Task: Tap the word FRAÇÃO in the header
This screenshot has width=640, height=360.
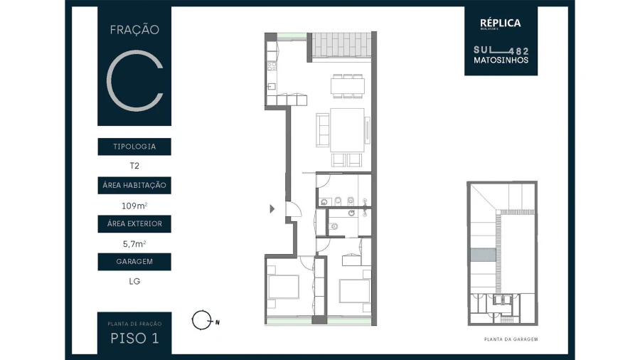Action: click(x=134, y=30)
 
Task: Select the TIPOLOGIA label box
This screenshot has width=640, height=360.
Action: click(x=134, y=147)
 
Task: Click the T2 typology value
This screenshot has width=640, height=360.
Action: click(x=134, y=166)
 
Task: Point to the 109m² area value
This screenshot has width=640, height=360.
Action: click(x=134, y=206)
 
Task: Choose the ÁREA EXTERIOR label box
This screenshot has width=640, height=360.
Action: click(x=134, y=224)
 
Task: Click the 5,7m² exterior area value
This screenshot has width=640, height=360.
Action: click(x=134, y=243)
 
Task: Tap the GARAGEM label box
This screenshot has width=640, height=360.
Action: click(x=134, y=262)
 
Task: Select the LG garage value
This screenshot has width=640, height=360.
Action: click(x=134, y=281)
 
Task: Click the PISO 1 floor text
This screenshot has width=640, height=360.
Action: click(x=134, y=338)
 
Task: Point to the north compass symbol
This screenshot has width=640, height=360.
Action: click(x=202, y=320)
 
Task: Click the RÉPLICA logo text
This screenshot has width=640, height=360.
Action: click(x=501, y=23)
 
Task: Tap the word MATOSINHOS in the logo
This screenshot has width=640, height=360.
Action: click(x=501, y=60)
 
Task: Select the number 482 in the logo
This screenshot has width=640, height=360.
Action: click(x=521, y=51)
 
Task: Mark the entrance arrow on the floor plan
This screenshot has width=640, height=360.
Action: click(x=272, y=209)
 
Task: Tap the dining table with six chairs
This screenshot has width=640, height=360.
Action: click(x=348, y=85)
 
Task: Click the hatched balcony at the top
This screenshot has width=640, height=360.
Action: click(x=340, y=47)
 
